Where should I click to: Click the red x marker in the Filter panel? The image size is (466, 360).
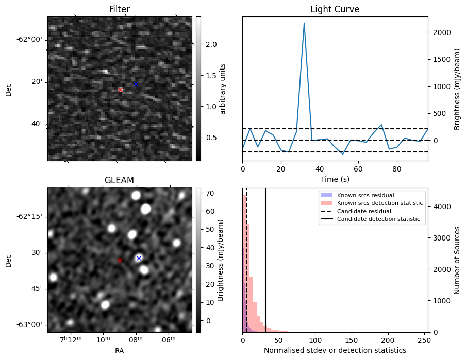121,90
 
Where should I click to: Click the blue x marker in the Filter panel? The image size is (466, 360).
136,84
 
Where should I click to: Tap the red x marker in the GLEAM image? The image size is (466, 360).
120,261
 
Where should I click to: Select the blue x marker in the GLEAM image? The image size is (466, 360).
139,258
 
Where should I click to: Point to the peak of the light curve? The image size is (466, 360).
304,23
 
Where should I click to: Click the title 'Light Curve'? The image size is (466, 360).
335,9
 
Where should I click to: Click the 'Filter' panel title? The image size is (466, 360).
120,9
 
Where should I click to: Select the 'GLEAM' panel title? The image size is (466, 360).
120,180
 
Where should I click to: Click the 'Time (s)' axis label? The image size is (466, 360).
335,179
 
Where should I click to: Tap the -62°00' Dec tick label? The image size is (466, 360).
29,40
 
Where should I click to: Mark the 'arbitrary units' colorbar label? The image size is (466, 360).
223,89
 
